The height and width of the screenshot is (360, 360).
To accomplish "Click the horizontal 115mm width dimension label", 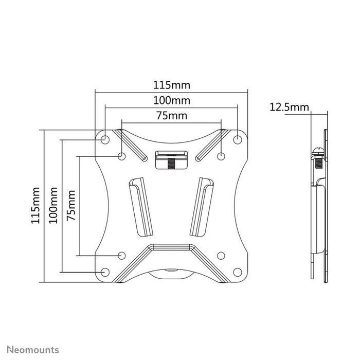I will [x=171, y=83].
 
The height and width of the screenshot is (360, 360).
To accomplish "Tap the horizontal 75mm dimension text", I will [x=171, y=116].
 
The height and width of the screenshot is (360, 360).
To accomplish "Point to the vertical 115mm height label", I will [x=35, y=206].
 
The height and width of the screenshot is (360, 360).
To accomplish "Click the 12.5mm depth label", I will [x=289, y=107].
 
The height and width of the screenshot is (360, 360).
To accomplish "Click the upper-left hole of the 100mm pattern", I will [x=105, y=139].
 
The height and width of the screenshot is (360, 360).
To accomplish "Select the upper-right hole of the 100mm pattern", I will [x=238, y=139].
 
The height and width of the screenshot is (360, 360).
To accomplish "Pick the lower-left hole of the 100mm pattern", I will [x=105, y=272].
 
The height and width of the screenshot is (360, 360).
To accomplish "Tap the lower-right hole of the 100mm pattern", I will [x=238, y=272].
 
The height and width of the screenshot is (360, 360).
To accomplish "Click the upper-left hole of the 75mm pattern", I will [x=122, y=156].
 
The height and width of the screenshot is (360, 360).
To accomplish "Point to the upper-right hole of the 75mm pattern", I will [x=221, y=156].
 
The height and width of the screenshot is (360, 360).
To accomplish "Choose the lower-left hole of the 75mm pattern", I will [x=122, y=255].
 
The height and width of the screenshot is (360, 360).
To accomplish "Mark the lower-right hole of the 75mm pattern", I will [x=221, y=255].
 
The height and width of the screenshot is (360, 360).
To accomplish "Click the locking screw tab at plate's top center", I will [x=171, y=158].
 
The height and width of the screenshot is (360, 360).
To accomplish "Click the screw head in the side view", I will [x=317, y=152].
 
